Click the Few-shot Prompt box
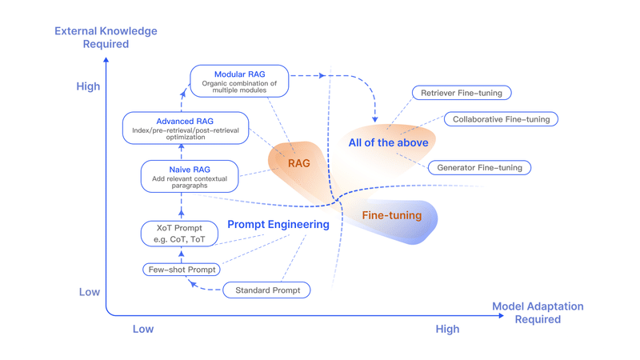click(x=182, y=270)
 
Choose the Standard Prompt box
click(x=267, y=290)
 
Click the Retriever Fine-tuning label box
click(x=462, y=93)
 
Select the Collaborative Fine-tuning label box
click(x=501, y=119)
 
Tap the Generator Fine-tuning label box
click(x=479, y=168)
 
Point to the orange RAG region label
click(x=298, y=163)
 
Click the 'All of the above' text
click(x=388, y=142)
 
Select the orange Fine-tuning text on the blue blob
click(x=391, y=215)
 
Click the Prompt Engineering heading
click(x=278, y=225)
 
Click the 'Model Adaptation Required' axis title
click(x=537, y=313)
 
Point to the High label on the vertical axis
click(x=88, y=86)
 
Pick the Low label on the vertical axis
click(x=90, y=292)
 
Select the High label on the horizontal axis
click(x=447, y=329)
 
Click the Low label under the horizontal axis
click(x=142, y=329)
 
